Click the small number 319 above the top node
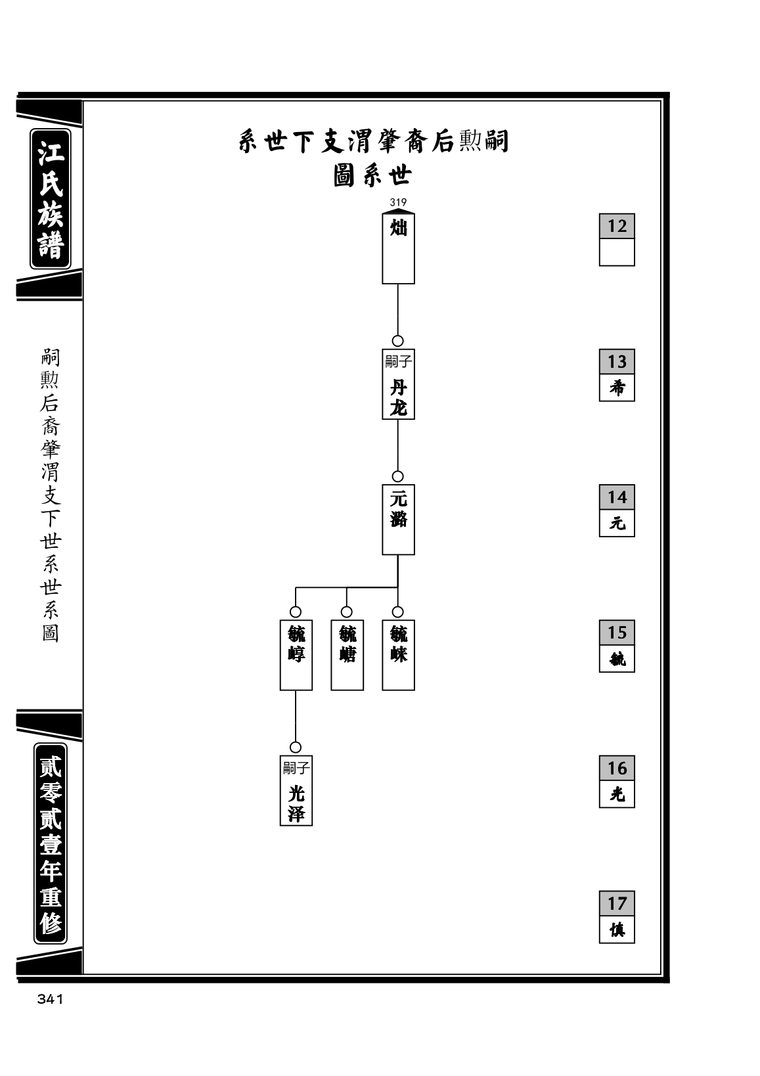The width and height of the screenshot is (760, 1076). [398, 202]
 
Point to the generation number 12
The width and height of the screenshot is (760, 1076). [617, 226]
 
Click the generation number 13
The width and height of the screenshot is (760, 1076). [617, 361]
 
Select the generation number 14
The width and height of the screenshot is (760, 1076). [617, 497]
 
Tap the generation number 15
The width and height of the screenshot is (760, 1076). [617, 632]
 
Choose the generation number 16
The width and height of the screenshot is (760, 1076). [617, 768]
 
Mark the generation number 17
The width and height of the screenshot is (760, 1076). [617, 903]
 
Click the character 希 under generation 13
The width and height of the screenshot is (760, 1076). [617, 387]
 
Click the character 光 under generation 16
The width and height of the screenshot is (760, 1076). [617, 794]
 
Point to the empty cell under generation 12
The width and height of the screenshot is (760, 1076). [617, 252]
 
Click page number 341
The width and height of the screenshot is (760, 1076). [50, 999]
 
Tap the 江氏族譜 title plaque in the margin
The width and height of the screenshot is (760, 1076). [51, 198]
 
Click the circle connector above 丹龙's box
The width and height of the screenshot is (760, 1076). [398, 341]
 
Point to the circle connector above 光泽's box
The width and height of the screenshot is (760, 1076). [296, 748]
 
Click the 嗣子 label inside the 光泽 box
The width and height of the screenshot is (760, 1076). [296, 768]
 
